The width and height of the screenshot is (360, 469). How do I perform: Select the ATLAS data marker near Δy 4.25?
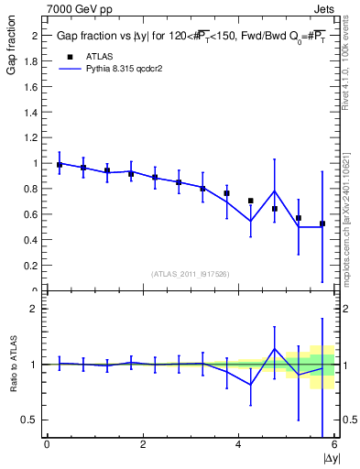251,201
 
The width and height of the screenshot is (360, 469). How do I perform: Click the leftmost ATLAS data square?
60,165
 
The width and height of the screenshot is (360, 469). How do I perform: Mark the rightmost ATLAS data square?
322,224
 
